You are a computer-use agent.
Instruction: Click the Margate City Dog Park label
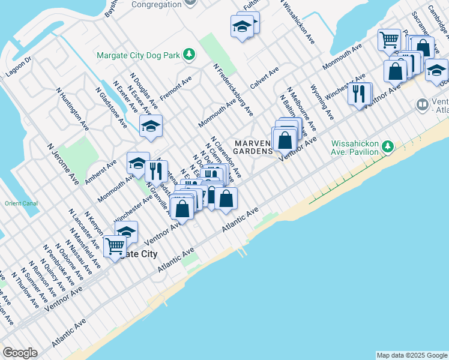138,55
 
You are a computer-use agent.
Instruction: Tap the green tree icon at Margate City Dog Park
189,55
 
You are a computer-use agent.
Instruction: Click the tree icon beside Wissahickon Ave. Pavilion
388,146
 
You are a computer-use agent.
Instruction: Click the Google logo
20,353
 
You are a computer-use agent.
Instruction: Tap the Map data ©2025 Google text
412,355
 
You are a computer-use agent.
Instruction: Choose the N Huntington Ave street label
70,106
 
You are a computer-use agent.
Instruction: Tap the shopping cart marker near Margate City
114,245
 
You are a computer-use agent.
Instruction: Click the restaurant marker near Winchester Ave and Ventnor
360,94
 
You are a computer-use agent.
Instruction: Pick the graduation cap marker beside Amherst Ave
137,163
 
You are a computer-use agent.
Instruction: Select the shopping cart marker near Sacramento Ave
389,40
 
